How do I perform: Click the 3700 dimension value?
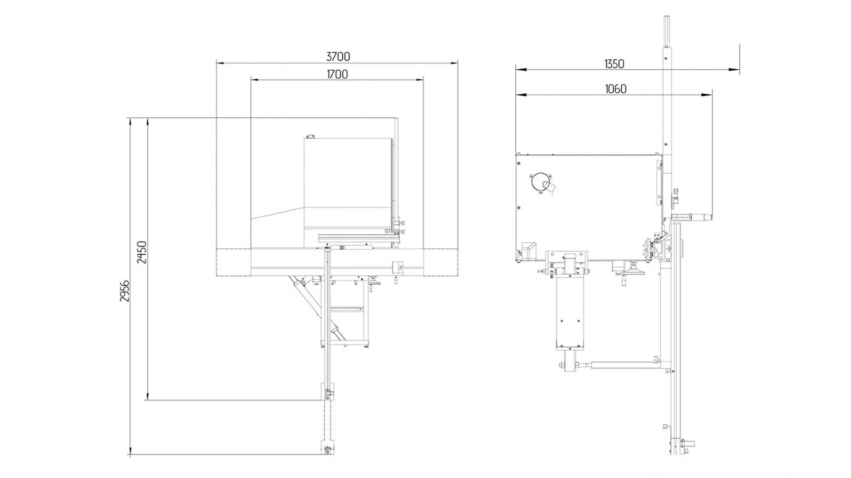pyautogui.click(x=338, y=56)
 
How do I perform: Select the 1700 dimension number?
pyautogui.click(x=337, y=74)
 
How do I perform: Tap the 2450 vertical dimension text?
pyautogui.click(x=142, y=252)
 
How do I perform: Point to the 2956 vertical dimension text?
pyautogui.click(x=124, y=291)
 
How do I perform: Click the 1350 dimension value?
pyautogui.click(x=614, y=64)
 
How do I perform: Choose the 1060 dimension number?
pyautogui.click(x=615, y=89)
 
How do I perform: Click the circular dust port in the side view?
pyautogui.click(x=540, y=183)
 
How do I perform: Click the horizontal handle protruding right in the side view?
pyautogui.click(x=694, y=217)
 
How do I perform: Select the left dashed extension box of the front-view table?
pyautogui.click(x=233, y=262)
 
